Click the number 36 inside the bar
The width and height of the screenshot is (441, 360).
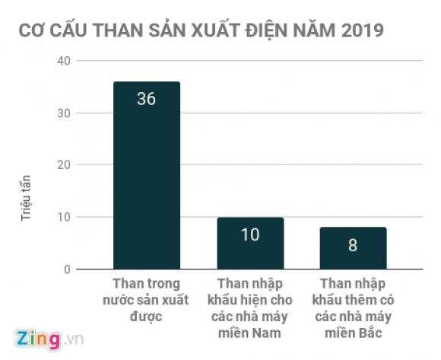(x=146, y=99)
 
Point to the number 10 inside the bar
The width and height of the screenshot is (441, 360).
(x=250, y=234)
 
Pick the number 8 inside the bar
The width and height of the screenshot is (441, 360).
(x=353, y=245)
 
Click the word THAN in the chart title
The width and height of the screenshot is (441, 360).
(x=94, y=32)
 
